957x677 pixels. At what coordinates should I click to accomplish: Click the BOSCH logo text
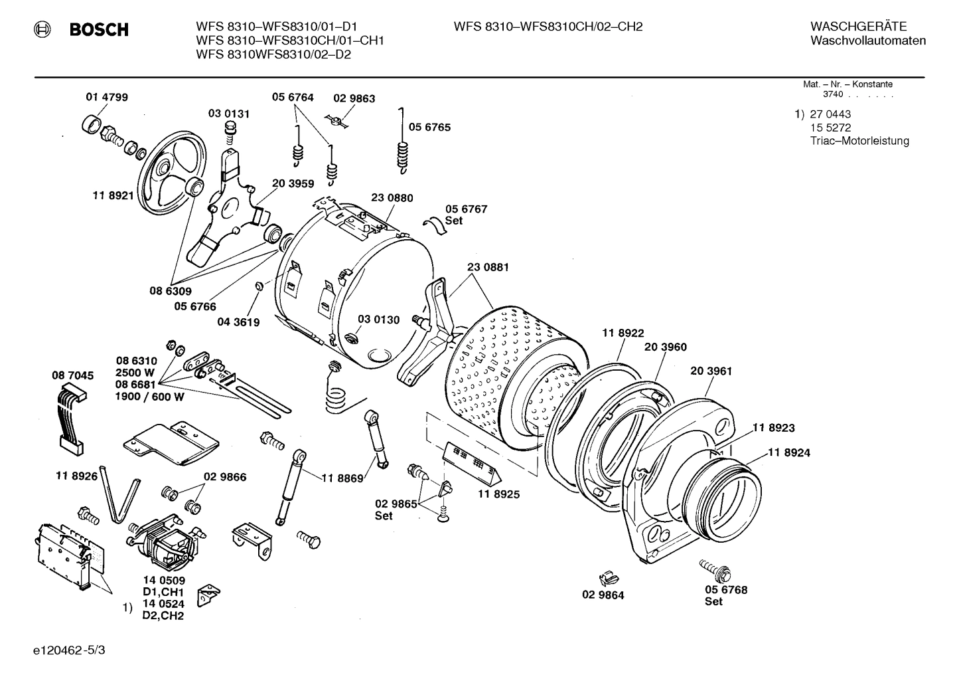pyautogui.click(x=98, y=29)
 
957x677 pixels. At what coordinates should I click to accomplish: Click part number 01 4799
pyautogui.click(x=107, y=97)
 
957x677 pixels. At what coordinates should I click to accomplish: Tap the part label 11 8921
pyautogui.click(x=112, y=195)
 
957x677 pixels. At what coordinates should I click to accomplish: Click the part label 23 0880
pyautogui.click(x=392, y=197)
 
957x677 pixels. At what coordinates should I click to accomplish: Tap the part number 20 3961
pyautogui.click(x=711, y=371)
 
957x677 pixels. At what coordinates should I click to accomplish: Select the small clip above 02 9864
pyautogui.click(x=605, y=578)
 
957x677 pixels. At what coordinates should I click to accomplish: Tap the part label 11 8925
pyautogui.click(x=498, y=494)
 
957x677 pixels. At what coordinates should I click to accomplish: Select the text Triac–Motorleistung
pyautogui.click(x=859, y=141)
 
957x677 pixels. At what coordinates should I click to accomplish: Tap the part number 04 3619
pyautogui.click(x=238, y=322)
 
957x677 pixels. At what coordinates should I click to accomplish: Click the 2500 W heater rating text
pyautogui.click(x=135, y=373)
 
